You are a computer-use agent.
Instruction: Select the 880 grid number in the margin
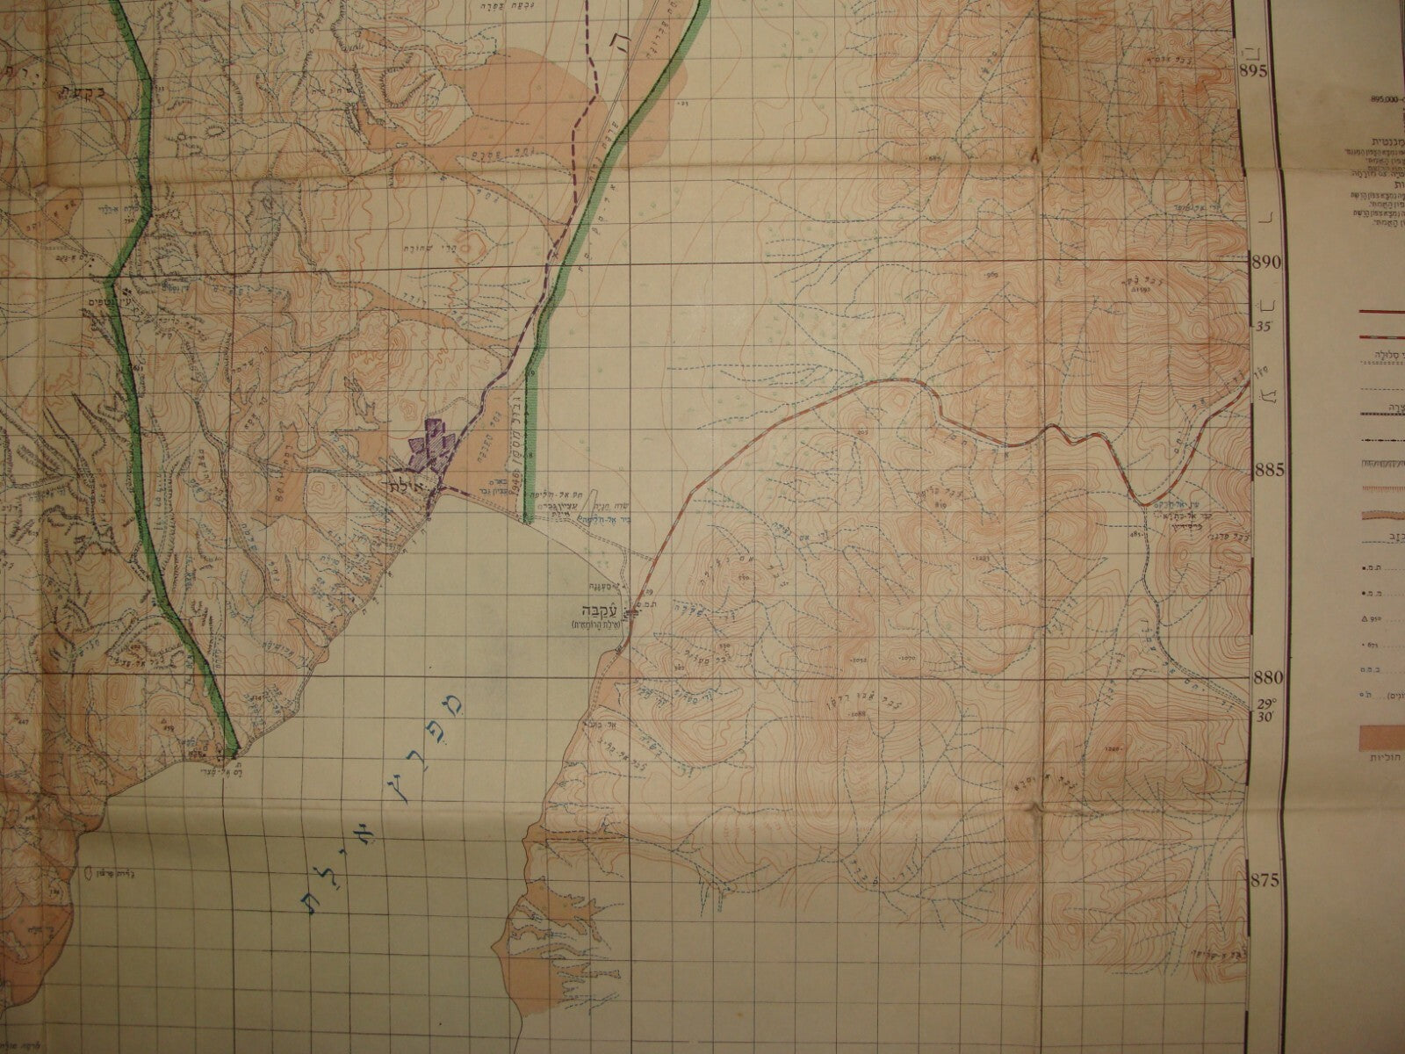tap(1264, 678)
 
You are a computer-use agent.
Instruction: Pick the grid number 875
tap(1264, 881)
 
